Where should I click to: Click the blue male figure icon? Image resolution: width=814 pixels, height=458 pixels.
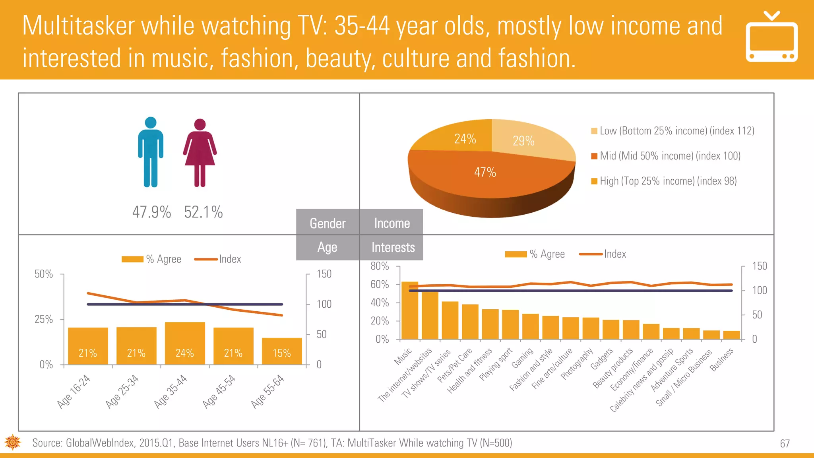coord(151,152)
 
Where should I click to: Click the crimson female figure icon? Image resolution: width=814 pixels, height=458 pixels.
coord(200,153)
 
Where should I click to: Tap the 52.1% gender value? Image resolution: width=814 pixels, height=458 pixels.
coord(203,212)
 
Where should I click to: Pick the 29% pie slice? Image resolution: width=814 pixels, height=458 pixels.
coord(524,141)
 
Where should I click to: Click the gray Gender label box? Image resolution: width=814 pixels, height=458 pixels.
coord(328,223)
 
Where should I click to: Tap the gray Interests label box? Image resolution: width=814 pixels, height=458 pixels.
coord(393,247)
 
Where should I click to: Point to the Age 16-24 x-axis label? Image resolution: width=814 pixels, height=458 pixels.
coord(74,391)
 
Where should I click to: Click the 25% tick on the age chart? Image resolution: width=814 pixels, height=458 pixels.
coord(44,319)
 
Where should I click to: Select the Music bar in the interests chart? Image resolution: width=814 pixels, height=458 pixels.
coord(409,310)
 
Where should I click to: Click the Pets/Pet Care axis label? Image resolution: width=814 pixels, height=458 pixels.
coord(454,365)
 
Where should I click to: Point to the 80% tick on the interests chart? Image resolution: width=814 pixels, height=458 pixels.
coord(380,266)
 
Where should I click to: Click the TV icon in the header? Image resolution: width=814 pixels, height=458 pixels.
coord(771,38)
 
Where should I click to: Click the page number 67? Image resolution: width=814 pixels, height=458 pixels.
coord(785,444)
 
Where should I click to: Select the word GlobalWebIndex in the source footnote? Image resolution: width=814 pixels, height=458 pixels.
coord(99,443)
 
